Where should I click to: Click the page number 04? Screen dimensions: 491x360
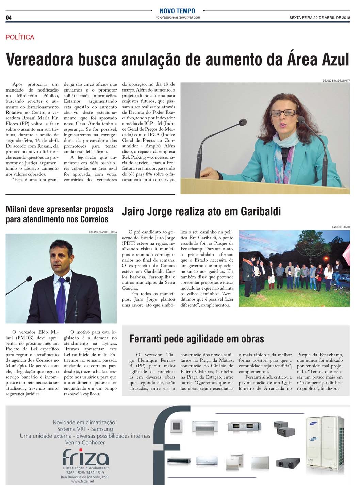[x=9, y=18]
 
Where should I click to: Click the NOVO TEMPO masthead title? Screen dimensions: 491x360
[x=177, y=11]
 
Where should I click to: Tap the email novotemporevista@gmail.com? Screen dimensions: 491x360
[x=178, y=17]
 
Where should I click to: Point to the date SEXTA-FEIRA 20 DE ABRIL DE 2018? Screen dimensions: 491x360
[x=320, y=18]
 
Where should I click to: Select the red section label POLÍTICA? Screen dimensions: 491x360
[x=20, y=37]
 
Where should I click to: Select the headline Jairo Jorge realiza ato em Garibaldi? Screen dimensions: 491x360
[x=201, y=212]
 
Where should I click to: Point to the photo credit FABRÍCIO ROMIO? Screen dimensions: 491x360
[x=341, y=227]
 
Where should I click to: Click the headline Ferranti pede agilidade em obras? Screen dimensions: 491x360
[x=197, y=339]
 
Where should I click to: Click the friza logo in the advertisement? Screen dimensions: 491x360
[x=86, y=458]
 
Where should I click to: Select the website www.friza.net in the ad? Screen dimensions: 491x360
[x=83, y=481]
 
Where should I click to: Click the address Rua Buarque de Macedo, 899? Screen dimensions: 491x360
[x=85, y=477]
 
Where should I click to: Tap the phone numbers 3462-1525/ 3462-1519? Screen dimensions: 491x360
[x=85, y=473]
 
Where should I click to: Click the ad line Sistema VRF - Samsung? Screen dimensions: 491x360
[x=85, y=429]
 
